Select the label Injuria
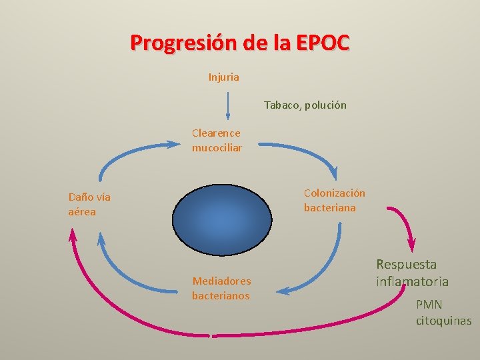click(223, 77)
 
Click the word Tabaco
click(282, 105)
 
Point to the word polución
click(326, 105)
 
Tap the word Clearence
click(216, 133)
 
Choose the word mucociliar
click(217, 147)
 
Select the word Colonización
click(335, 193)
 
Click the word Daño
click(80, 197)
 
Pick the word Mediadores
click(221, 281)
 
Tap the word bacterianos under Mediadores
click(221, 295)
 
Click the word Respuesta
click(406, 265)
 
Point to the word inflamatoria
click(412, 281)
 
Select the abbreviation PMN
click(429, 305)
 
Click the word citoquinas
click(443, 321)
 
